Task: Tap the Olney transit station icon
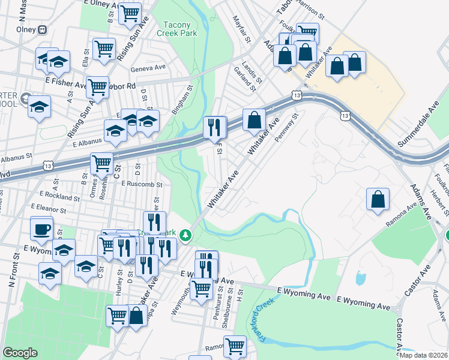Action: tap(42, 29)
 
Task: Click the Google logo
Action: tap(20, 353)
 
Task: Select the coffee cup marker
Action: tap(41, 229)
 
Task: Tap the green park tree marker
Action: tap(186, 234)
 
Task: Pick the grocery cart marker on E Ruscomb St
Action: tap(101, 163)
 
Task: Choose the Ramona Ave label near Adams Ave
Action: tap(401, 215)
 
